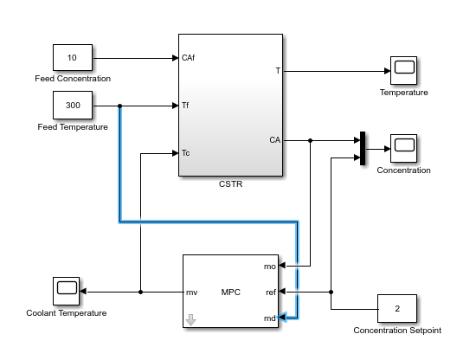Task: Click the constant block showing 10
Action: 73,58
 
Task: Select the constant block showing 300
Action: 73,105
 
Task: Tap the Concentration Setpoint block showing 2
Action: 397,308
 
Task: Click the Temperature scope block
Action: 403,70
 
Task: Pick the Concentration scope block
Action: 403,149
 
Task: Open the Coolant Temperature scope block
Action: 66,291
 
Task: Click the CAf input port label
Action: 188,58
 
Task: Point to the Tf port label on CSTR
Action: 185,106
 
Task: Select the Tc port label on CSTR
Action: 186,152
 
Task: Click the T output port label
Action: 278,71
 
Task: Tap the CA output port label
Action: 274,140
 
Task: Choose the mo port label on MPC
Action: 269,267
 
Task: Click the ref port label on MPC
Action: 271,292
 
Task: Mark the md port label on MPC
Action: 269,318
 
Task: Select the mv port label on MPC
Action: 191,292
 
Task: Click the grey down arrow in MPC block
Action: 190,320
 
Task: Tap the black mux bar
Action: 363,149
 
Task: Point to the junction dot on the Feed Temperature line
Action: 120,106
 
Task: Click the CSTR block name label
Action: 231,184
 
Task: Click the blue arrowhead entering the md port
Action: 282,318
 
